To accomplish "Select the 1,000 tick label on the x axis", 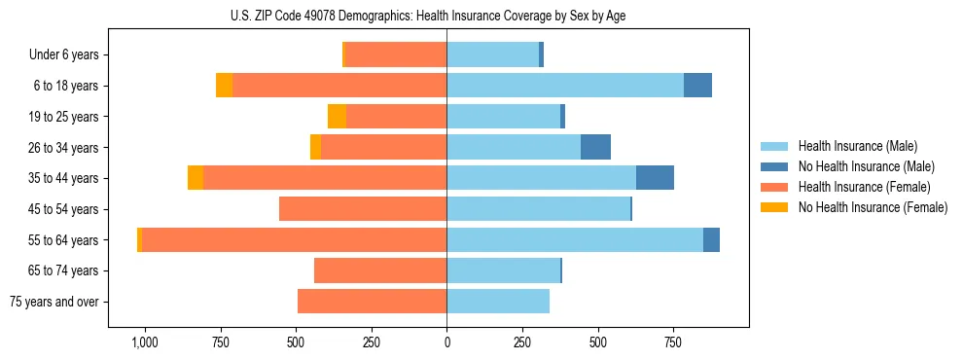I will tap(144, 342).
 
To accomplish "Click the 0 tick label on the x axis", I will tap(446, 342).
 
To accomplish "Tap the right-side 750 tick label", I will tap(673, 342).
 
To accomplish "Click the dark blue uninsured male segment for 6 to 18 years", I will tap(697, 86).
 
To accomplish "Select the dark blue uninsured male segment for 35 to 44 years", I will tap(655, 178).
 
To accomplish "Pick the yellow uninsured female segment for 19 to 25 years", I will tap(337, 117).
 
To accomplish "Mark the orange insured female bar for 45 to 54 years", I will tap(363, 209).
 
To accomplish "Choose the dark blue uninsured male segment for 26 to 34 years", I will tap(595, 147).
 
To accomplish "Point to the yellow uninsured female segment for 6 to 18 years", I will tap(224, 86).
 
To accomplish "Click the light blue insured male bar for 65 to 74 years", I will tap(503, 270).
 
